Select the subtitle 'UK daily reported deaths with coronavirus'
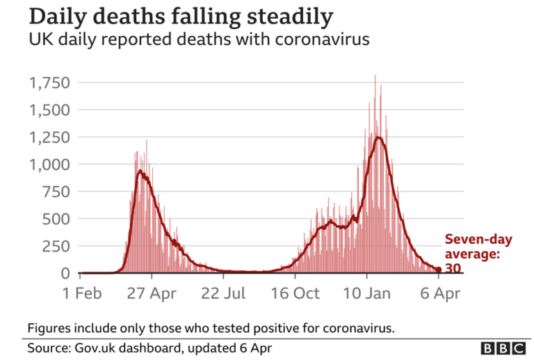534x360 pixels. pyautogui.click(x=199, y=40)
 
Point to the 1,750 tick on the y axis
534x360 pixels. pyautogui.click(x=49, y=83)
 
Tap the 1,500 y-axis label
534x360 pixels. pyautogui.click(x=49, y=110)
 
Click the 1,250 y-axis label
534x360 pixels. pyautogui.click(x=49, y=138)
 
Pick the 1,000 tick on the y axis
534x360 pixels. pyautogui.click(x=49, y=165)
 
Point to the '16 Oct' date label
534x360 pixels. pyautogui.click(x=295, y=293)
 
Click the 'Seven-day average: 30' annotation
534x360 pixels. pyautogui.click(x=478, y=254)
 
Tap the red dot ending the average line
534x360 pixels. pyautogui.click(x=439, y=270)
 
